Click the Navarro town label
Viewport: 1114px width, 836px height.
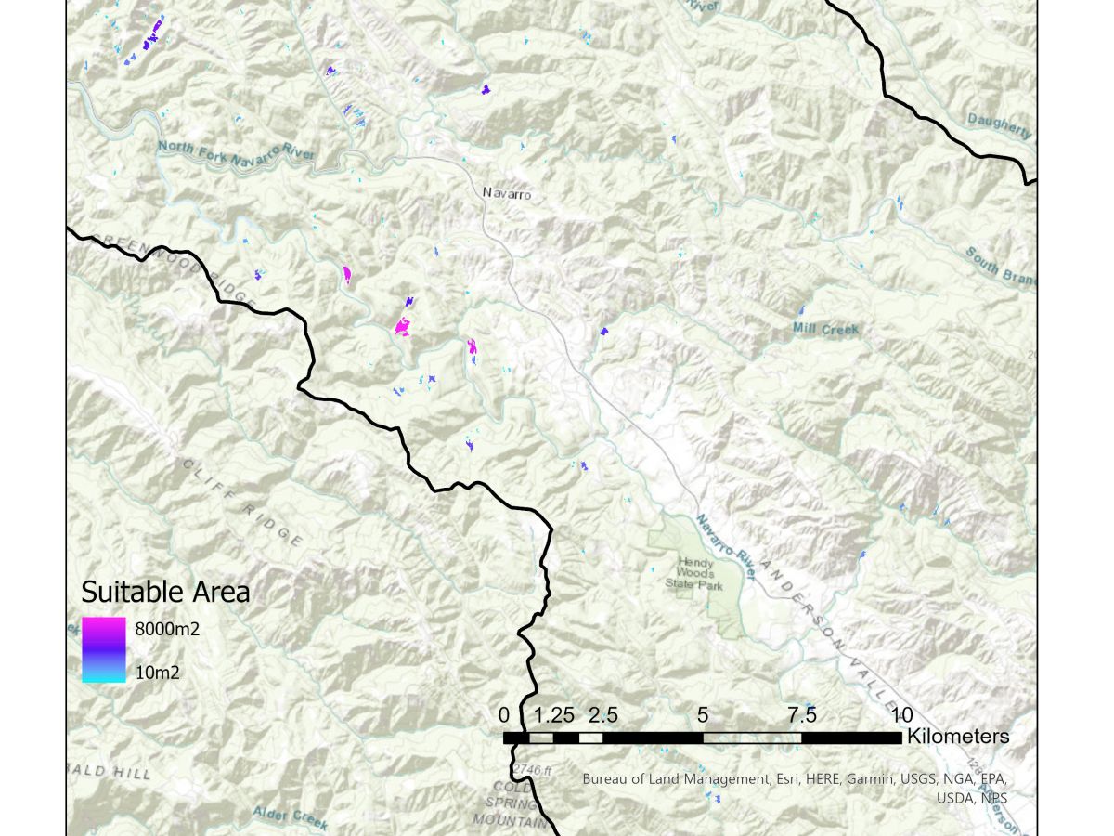point(506,193)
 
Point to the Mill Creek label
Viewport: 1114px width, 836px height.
point(825,329)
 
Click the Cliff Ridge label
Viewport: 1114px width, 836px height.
point(241,503)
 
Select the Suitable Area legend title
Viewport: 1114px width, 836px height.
point(165,592)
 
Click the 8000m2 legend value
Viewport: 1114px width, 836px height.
point(168,629)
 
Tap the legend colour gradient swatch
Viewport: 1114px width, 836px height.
point(103,650)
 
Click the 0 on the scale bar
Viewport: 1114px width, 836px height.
point(504,715)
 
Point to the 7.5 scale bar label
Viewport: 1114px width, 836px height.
point(801,715)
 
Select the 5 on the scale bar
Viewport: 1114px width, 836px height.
point(703,715)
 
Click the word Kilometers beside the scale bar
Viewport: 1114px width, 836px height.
point(957,737)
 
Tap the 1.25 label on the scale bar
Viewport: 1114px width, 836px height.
point(556,715)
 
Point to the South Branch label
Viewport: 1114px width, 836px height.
point(999,268)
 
